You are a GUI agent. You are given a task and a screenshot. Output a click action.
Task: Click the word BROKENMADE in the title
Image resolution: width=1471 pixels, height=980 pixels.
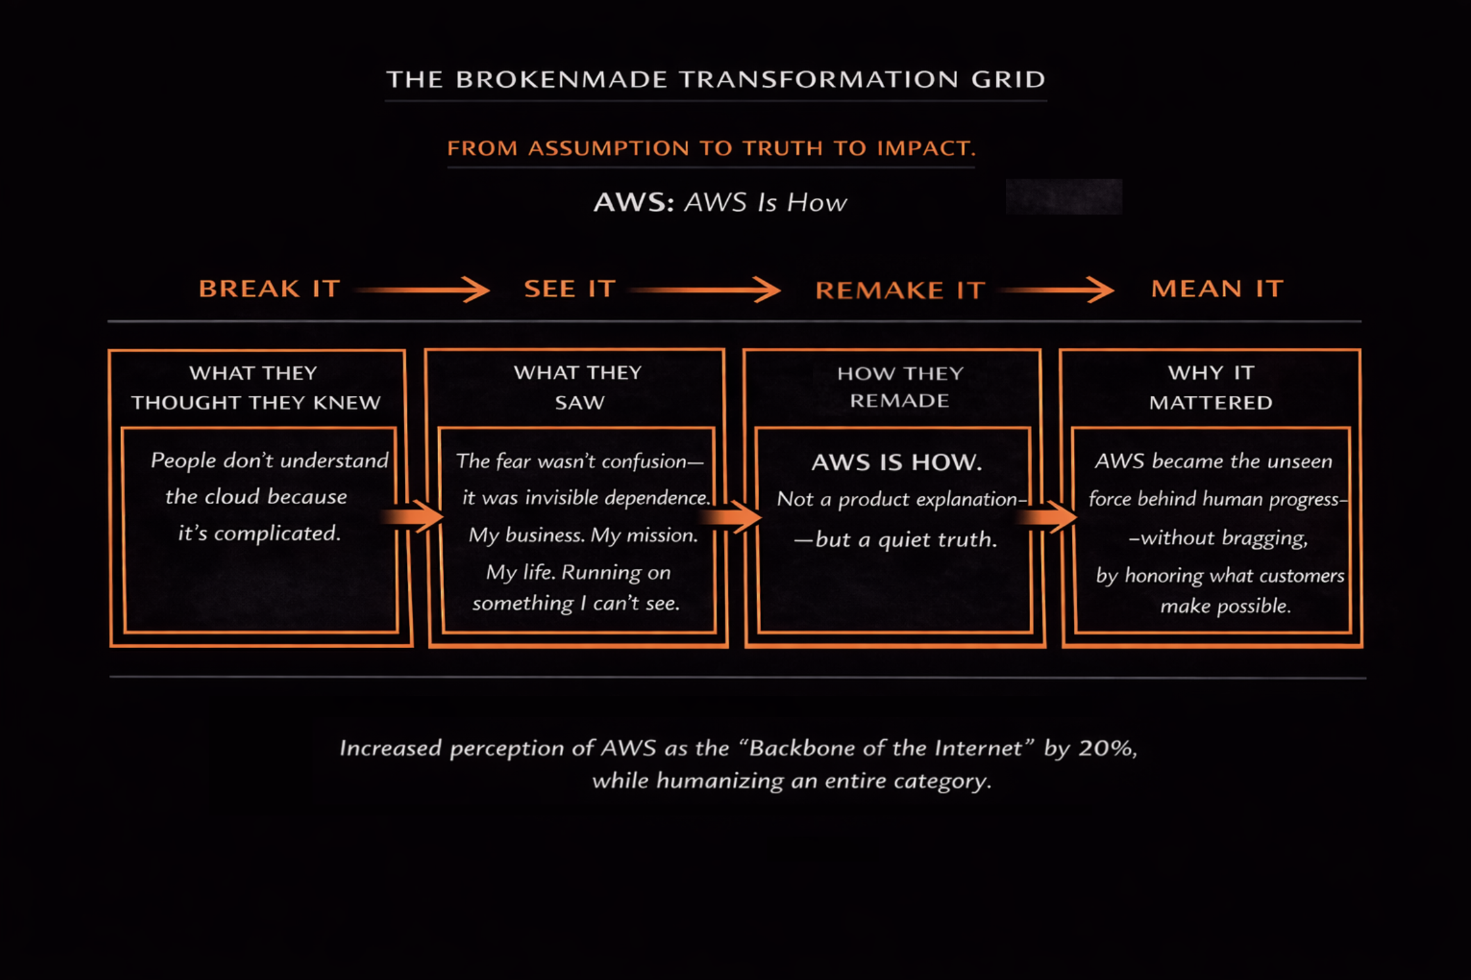[561, 79]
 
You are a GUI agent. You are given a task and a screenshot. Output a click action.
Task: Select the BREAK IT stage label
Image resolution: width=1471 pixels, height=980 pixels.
[269, 289]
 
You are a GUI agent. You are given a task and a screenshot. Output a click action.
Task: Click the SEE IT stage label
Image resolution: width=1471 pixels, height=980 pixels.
[570, 289]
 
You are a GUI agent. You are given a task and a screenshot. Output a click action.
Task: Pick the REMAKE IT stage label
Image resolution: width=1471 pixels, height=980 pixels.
[900, 290]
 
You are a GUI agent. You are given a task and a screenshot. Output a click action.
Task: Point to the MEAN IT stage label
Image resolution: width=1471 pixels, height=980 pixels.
[1217, 289]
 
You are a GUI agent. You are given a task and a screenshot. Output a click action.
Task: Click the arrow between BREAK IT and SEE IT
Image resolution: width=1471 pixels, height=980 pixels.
[423, 290]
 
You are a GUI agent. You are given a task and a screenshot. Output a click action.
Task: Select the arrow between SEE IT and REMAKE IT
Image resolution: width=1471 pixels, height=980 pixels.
[705, 290]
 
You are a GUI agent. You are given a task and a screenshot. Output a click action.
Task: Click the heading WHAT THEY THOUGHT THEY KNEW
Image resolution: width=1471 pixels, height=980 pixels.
[256, 388]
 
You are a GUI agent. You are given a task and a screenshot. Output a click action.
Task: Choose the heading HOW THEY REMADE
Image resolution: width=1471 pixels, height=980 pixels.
[900, 387]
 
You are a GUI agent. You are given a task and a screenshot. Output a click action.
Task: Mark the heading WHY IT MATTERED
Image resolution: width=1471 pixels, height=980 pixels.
[1211, 388]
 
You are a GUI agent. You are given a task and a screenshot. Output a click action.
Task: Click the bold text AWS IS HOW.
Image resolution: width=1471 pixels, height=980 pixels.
[896, 462]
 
